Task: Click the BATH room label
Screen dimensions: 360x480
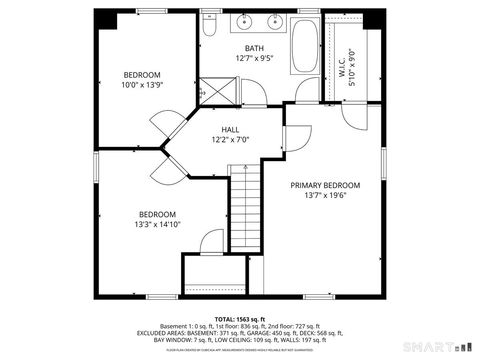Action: pyautogui.click(x=255, y=48)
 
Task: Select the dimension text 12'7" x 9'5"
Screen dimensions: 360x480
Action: pyautogui.click(x=255, y=58)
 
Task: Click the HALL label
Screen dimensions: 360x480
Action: pyautogui.click(x=230, y=129)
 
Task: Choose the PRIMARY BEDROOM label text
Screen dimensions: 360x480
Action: pyautogui.click(x=325, y=185)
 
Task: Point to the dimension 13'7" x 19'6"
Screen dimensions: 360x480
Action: pyautogui.click(x=325, y=196)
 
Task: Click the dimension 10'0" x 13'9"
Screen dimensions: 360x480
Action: pyautogui.click(x=142, y=86)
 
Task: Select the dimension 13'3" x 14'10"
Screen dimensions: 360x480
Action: pyautogui.click(x=157, y=225)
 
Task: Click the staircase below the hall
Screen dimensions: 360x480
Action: pyautogui.click(x=244, y=210)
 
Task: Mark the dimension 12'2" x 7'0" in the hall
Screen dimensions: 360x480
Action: pyautogui.click(x=230, y=140)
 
